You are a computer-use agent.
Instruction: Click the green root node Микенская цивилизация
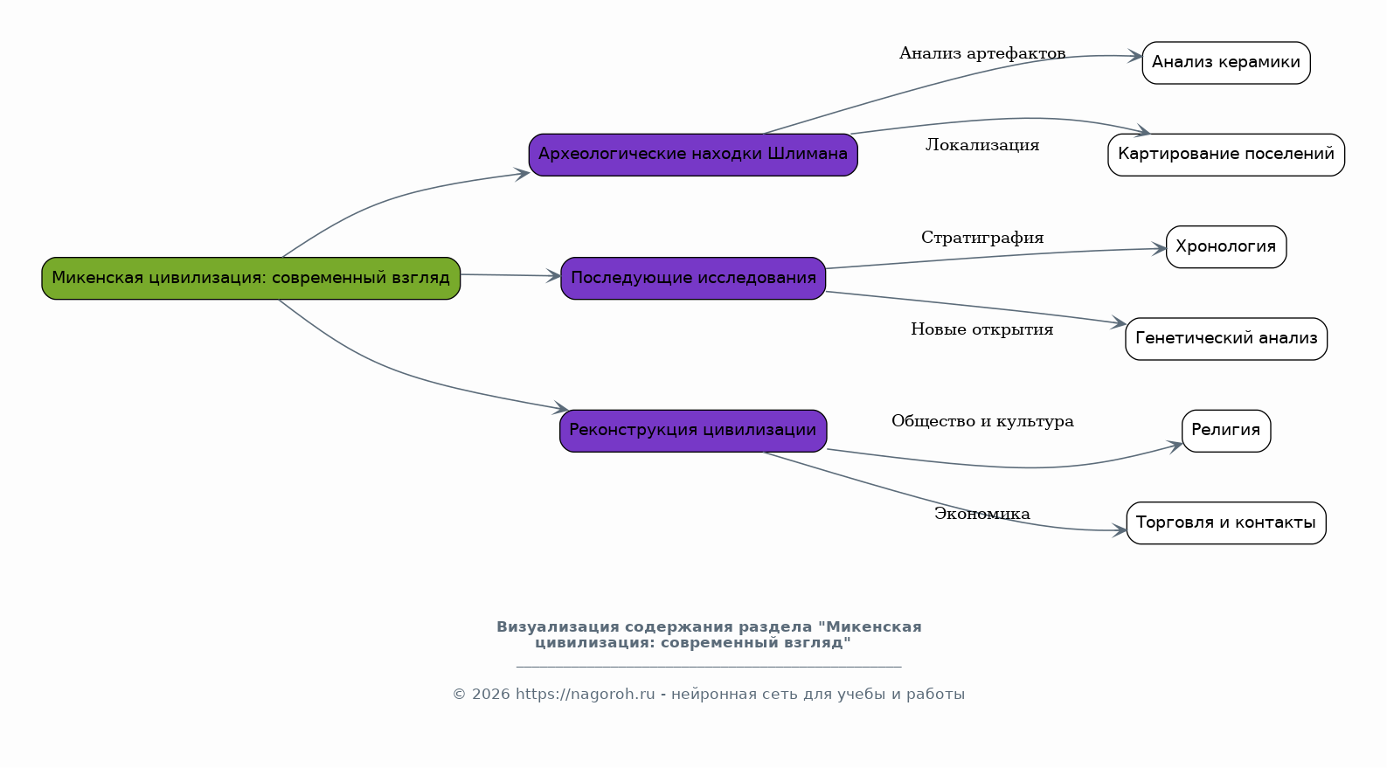(x=251, y=279)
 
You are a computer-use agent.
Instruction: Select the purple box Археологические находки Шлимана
(x=693, y=155)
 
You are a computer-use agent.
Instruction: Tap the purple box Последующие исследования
(x=693, y=279)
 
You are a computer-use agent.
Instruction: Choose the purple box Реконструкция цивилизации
(x=693, y=431)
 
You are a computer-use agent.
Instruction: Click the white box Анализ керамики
(x=1226, y=63)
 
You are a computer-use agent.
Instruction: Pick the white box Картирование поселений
(x=1226, y=155)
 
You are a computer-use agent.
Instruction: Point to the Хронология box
(x=1226, y=247)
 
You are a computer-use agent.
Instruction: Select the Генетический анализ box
(x=1226, y=338)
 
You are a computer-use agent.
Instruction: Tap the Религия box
(x=1226, y=431)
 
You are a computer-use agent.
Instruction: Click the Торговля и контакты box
(x=1226, y=523)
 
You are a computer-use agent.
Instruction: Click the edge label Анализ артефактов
(x=982, y=54)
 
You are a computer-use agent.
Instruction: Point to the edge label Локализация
(x=982, y=145)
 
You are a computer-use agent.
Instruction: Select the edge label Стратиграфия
(x=982, y=238)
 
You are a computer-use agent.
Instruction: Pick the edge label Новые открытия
(x=982, y=329)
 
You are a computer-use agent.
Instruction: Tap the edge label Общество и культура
(x=982, y=421)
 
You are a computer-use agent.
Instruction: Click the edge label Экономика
(x=982, y=514)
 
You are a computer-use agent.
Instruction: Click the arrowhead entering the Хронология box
(x=1159, y=249)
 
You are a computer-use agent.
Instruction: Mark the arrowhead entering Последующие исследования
(x=553, y=276)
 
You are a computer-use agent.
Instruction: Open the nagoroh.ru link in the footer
(x=586, y=695)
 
